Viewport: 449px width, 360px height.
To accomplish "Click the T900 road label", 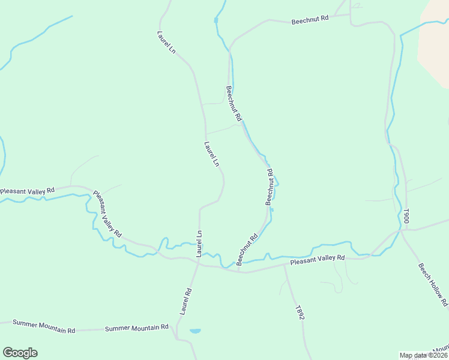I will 406,216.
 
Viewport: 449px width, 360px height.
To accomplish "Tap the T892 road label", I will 300,312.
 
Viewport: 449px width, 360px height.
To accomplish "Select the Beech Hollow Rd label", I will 433,285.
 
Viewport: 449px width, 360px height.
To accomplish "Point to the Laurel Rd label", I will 185,301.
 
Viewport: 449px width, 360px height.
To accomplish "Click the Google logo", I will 20,353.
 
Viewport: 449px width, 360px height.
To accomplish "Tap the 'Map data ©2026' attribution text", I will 423,355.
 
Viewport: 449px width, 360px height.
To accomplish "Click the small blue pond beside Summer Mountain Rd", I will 195,331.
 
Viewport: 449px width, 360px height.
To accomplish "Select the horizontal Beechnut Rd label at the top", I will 310,19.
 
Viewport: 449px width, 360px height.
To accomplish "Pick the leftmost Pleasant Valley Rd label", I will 27,191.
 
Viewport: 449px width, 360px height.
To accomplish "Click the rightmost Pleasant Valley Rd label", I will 318,260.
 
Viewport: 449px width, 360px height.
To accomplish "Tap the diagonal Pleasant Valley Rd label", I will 107,214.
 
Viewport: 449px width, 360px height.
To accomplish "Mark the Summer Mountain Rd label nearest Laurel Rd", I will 136,328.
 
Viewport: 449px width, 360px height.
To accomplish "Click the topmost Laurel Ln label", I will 166,43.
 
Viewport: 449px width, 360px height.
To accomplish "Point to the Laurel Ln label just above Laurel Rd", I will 199,244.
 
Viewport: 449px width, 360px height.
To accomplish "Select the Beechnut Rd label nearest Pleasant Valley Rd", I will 247,250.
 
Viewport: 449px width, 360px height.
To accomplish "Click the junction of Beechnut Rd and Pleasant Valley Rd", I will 238,271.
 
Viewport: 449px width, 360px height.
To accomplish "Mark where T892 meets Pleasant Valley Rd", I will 285,265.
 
